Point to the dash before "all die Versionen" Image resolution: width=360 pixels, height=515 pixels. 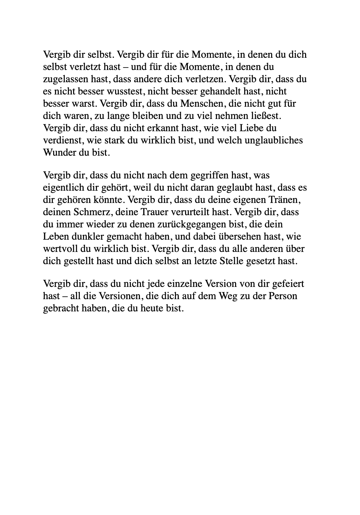pos(65,296)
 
